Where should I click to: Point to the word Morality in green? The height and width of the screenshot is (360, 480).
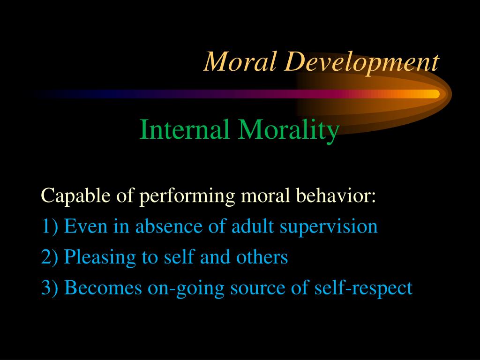click(288, 131)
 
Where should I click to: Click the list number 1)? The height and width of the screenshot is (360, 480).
click(50, 227)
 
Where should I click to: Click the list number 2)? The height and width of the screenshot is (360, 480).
click(50, 257)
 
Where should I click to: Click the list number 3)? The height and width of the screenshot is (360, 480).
click(50, 288)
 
